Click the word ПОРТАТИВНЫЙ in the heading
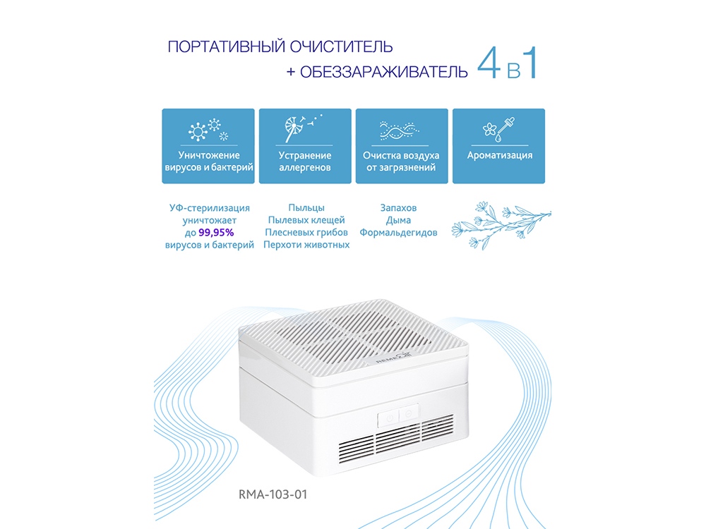coord(227,47)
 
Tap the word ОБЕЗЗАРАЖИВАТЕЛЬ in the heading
coord(384,72)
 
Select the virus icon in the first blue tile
coord(208,130)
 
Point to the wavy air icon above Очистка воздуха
coord(400,131)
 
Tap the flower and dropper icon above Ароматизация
coord(498,130)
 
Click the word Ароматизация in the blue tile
coord(500,155)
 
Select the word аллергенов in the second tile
coord(305,167)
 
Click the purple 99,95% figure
coord(216,233)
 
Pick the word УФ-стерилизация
coord(210,208)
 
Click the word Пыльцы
coord(306,208)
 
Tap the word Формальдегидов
coord(398,233)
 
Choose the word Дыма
coord(398,220)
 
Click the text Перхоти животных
coord(306,245)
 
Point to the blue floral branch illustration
coord(501,224)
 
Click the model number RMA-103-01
coord(273,494)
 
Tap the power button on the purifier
coord(390,418)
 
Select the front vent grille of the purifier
coord(397,439)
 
